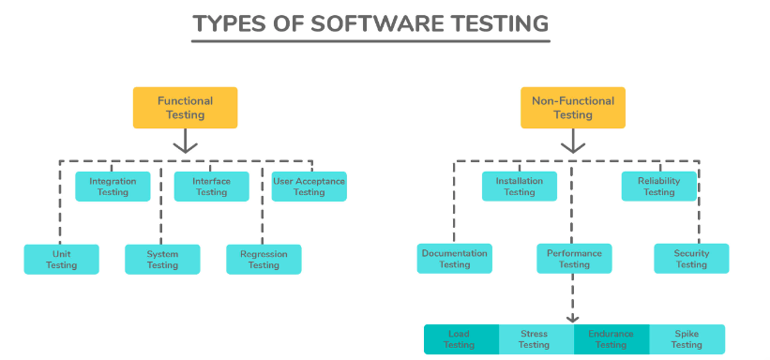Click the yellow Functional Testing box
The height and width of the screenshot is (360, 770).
click(x=185, y=108)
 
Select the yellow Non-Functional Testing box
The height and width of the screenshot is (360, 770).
click(x=572, y=108)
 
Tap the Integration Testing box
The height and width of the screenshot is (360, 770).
click(x=113, y=187)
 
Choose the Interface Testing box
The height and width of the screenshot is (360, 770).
click(x=211, y=187)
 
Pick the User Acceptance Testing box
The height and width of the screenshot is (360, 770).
click(x=309, y=187)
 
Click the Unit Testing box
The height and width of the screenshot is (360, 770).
click(x=61, y=260)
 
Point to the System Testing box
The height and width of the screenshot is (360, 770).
click(x=162, y=260)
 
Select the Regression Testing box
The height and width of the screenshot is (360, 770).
click(x=264, y=260)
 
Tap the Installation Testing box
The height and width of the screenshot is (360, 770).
click(x=519, y=187)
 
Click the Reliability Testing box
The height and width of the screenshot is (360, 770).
click(x=658, y=187)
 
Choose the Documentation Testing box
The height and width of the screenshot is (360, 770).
click(x=455, y=259)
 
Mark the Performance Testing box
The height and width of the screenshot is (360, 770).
click(x=574, y=259)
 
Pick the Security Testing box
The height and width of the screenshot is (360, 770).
click(x=691, y=259)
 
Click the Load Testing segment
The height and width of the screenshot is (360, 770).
click(x=460, y=339)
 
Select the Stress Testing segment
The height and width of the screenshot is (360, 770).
click(x=535, y=339)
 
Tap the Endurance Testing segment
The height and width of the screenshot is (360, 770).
click(x=611, y=339)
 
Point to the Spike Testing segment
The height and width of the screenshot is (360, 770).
click(x=687, y=339)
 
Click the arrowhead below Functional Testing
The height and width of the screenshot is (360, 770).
click(x=185, y=145)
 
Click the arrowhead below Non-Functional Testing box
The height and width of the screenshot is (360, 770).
click(x=572, y=145)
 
